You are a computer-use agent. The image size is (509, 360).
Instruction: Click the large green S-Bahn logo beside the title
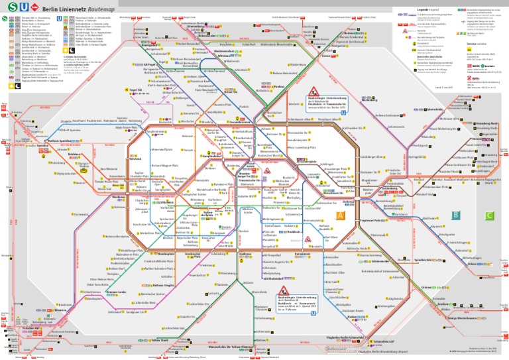click(7, 7)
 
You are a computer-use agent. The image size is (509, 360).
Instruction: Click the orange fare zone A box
click(340, 215)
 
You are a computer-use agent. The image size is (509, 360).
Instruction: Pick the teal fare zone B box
click(455, 215)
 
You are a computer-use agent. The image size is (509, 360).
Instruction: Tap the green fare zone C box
click(489, 215)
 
